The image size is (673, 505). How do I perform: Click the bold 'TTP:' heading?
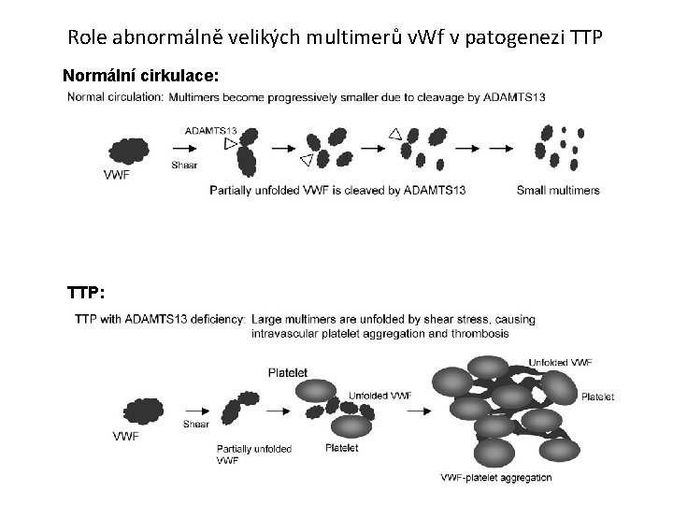click(86, 293)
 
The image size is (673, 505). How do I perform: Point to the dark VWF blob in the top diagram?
click(133, 150)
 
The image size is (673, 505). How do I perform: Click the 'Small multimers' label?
click(558, 191)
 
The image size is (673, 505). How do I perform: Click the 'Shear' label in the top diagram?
click(185, 166)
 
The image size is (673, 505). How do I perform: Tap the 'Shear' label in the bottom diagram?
click(196, 424)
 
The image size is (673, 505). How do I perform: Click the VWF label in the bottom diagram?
click(127, 436)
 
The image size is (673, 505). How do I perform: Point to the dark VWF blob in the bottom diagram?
click(142, 411)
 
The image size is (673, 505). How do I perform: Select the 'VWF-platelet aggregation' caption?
click(496, 478)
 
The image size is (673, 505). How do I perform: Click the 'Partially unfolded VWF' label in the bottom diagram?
click(253, 454)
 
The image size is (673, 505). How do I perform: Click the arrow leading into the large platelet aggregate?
click(411, 409)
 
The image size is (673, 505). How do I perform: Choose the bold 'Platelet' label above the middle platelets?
click(288, 371)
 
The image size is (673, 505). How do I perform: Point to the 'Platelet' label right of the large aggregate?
click(597, 397)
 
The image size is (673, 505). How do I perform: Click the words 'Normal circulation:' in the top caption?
click(115, 97)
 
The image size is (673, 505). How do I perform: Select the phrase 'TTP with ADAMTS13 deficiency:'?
click(161, 320)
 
